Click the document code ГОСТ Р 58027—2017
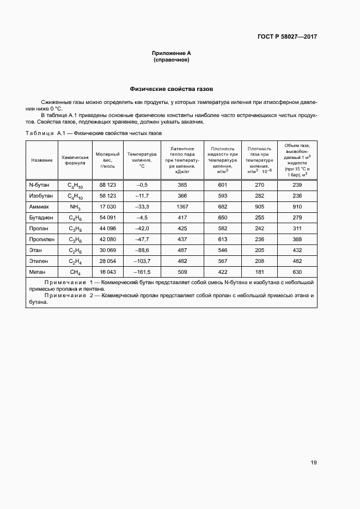click(288, 37)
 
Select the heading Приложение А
click(172, 53)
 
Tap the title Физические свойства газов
click(171, 88)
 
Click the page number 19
click(314, 463)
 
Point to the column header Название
click(42, 160)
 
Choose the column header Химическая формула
click(75, 160)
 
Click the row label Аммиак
click(39, 207)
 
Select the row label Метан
click(38, 272)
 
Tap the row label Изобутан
click(41, 195)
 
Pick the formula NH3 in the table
click(75, 208)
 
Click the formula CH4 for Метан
click(75, 272)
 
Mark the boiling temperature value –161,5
click(142, 272)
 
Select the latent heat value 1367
click(182, 207)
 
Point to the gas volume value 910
click(297, 207)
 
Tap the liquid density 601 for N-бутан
click(222, 185)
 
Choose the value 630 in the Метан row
click(297, 272)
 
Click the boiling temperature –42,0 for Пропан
click(142, 229)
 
